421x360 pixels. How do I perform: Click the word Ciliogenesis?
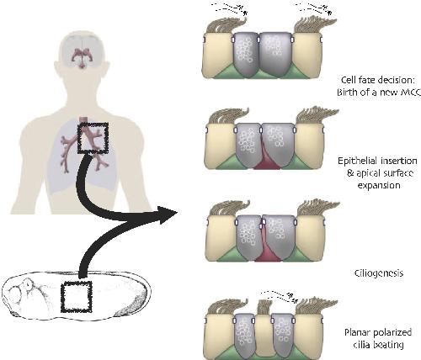pyautogui.click(x=379, y=273)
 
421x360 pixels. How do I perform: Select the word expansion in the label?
pyautogui.click(x=379, y=185)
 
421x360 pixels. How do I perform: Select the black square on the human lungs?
pyautogui.click(x=93, y=138)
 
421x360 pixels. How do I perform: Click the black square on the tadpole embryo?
pyautogui.click(x=77, y=297)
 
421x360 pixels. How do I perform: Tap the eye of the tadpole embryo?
pyautogui.click(x=29, y=284)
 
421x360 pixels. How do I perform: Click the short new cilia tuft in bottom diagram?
pyautogui.click(x=264, y=306)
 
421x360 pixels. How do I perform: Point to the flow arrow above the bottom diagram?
pyautogui.click(x=280, y=296)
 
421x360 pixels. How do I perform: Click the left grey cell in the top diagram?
pyautogui.click(x=247, y=54)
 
